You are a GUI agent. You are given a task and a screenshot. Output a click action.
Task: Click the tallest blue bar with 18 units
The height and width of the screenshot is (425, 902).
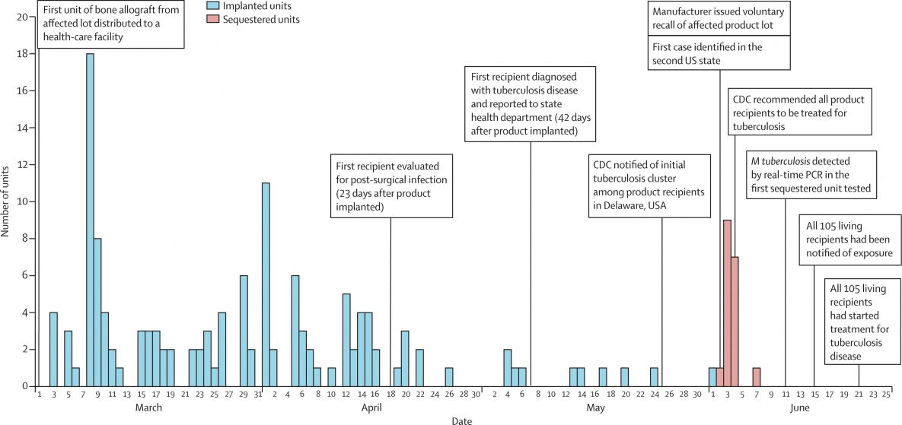(x=90, y=220)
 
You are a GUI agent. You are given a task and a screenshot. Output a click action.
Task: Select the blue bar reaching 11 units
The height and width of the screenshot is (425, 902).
(x=266, y=284)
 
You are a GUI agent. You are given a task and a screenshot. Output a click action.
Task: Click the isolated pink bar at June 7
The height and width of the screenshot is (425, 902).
(x=757, y=377)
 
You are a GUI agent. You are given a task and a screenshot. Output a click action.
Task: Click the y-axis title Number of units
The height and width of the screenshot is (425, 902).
(x=6, y=201)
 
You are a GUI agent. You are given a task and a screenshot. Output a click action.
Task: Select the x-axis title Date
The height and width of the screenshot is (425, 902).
(x=460, y=419)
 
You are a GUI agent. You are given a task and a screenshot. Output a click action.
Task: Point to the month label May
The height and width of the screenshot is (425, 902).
(x=596, y=408)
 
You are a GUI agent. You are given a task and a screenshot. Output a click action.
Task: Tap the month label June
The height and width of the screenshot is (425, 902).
(x=800, y=408)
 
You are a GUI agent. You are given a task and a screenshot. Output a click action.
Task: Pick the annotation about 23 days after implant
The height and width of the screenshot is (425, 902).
(x=391, y=186)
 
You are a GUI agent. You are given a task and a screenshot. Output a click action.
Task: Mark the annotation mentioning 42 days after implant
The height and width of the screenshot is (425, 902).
(x=530, y=103)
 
